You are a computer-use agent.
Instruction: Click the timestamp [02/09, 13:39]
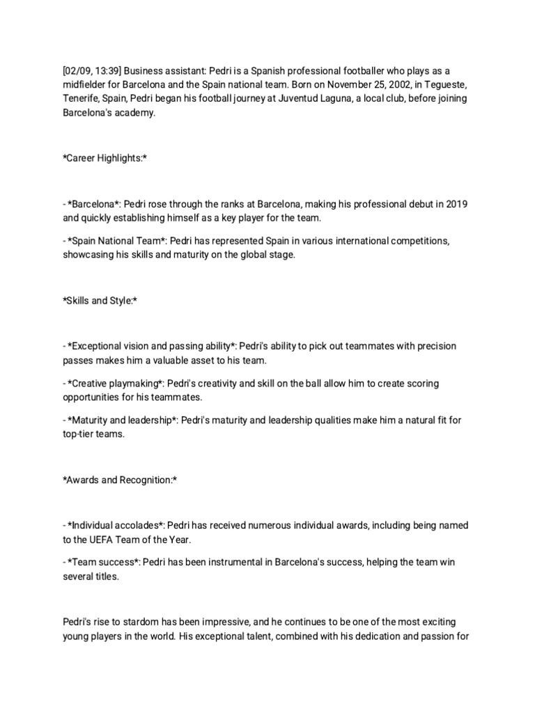(95, 70)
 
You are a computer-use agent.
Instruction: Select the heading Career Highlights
(104, 158)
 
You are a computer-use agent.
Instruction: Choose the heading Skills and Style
(98, 301)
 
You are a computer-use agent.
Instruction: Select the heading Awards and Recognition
(120, 480)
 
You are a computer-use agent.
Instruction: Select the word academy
(133, 112)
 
